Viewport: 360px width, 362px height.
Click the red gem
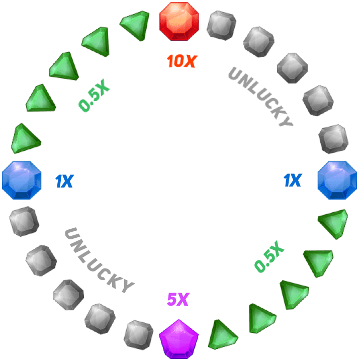click(179, 21)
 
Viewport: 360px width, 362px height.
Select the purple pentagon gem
click(179, 338)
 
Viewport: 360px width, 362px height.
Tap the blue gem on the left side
click(22, 180)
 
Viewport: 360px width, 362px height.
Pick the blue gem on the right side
click(337, 180)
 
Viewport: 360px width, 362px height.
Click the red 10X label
click(182, 62)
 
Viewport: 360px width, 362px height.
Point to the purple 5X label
click(178, 300)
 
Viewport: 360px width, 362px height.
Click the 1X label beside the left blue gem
click(64, 182)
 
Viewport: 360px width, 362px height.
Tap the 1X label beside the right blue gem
click(293, 180)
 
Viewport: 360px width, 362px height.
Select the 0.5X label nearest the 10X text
click(94, 98)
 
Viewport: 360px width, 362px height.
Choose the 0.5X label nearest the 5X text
click(269, 257)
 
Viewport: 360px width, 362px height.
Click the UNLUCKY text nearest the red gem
click(260, 96)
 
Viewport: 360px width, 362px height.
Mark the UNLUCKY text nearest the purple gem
click(99, 260)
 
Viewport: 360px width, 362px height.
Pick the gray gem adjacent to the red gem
click(221, 25)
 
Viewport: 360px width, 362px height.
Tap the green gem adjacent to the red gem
click(135, 25)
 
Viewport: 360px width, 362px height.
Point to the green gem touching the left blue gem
click(25, 138)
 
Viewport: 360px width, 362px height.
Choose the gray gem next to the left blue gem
click(24, 221)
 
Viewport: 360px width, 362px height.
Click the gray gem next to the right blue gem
click(334, 139)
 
